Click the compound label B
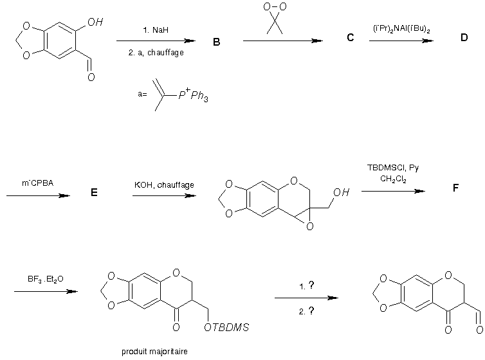tap(216, 42)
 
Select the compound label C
tap(350, 38)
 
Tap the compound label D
tap(464, 38)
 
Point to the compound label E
tap(94, 198)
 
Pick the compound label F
tap(455, 188)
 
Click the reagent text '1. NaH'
tap(156, 30)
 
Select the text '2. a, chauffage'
tap(156, 53)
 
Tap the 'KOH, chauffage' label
tap(164, 185)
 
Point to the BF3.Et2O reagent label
tap(46, 279)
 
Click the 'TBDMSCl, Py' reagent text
tap(392, 168)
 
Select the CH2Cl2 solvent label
tap(392, 180)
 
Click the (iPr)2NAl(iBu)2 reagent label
tap(401, 29)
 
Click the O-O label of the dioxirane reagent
tap(275, 8)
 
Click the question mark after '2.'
tap(311, 310)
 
